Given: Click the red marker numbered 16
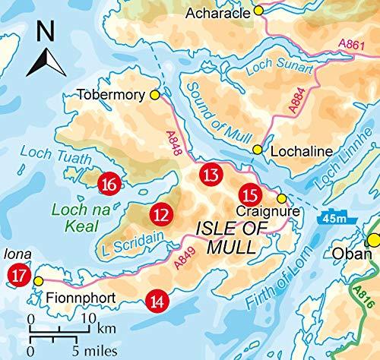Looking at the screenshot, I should point(109,183).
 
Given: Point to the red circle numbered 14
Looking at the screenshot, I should point(157,301).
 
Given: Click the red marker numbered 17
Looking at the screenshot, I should point(14,275).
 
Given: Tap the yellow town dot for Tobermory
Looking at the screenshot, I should point(156,95).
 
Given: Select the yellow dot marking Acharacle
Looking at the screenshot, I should point(258,11).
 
